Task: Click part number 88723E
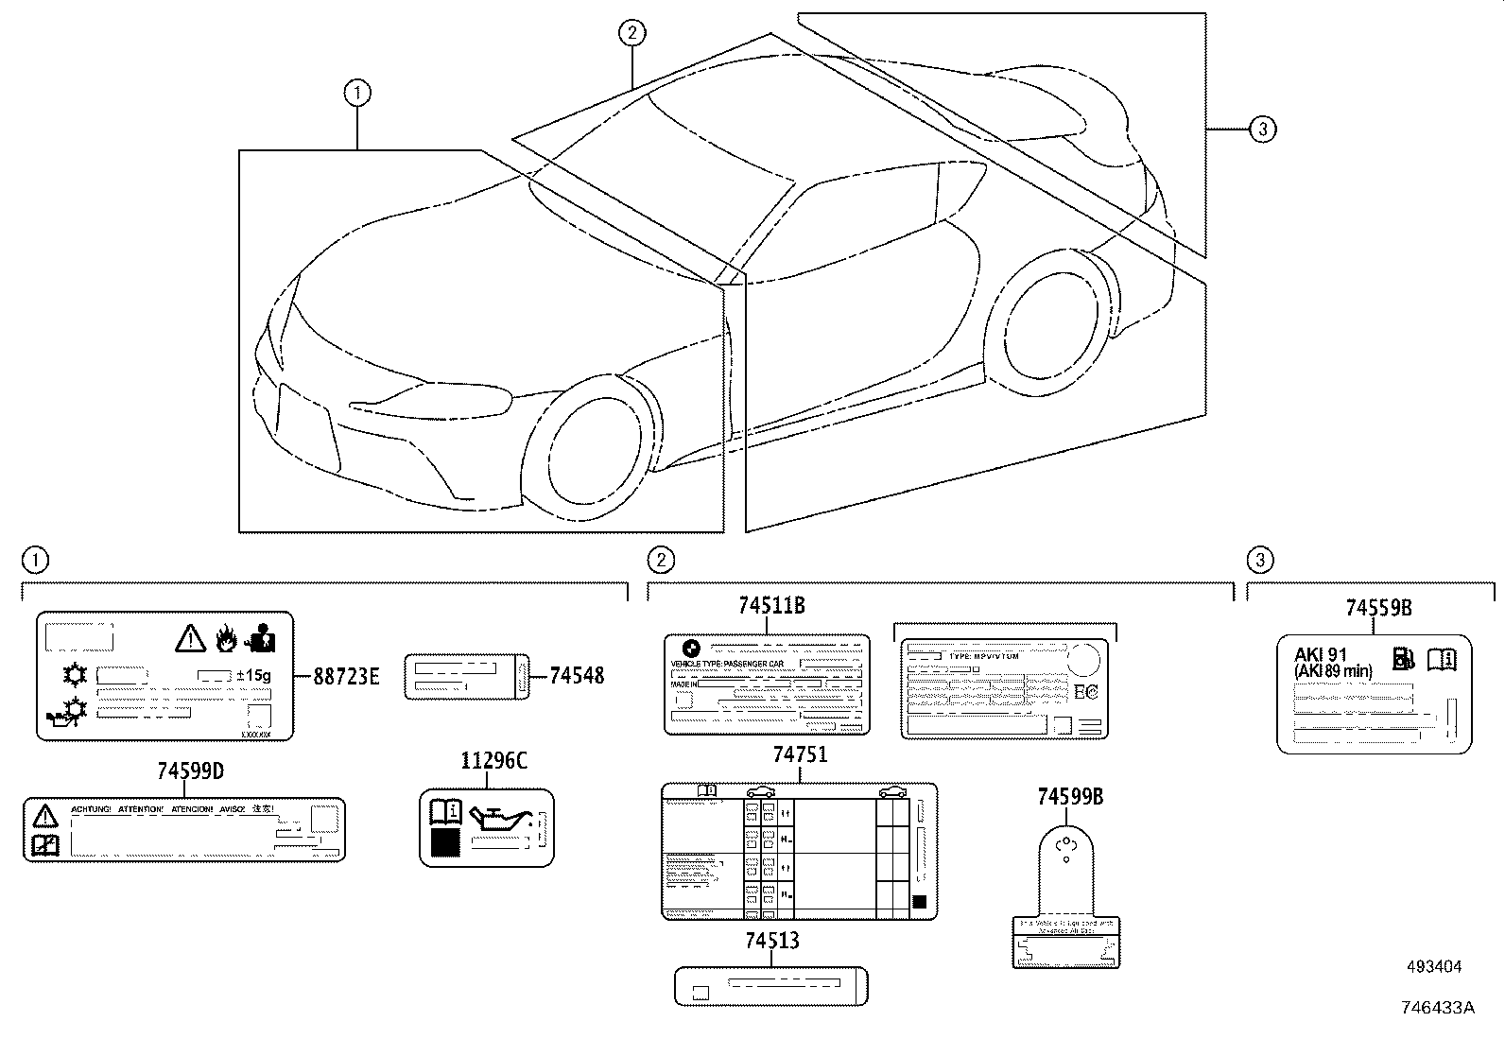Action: point(346,676)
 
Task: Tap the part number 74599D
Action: point(190,771)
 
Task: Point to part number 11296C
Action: point(493,760)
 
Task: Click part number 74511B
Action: point(771,606)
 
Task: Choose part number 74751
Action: point(800,754)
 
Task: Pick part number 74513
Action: point(771,941)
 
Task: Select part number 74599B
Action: point(1069,797)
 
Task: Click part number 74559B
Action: point(1379,608)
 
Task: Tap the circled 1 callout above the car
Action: point(356,93)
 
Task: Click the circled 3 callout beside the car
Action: point(1262,129)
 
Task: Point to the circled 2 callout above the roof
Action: point(631,33)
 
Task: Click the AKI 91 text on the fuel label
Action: point(1320,655)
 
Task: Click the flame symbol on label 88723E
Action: point(225,640)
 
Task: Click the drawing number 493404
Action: point(1433,966)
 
